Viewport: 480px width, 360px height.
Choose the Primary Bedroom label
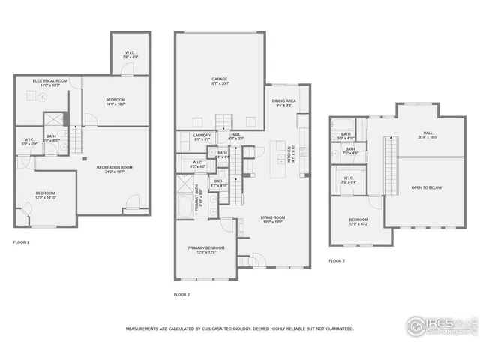205,249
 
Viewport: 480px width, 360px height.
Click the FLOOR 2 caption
181,295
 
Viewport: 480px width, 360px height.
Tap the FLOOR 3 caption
337,260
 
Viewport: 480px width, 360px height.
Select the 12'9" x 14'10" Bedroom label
45,196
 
